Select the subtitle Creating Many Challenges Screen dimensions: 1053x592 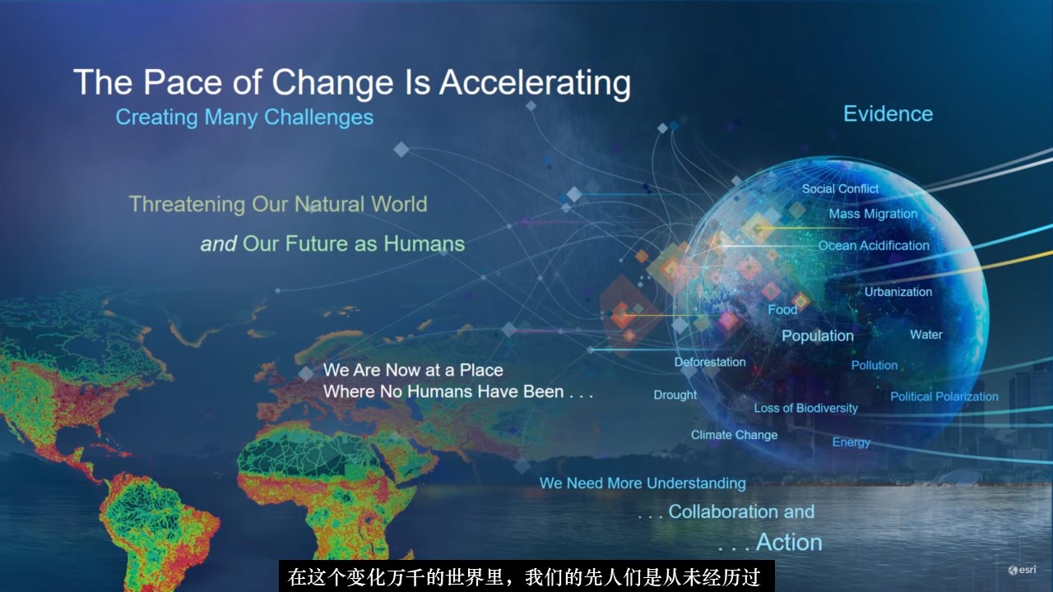(x=244, y=118)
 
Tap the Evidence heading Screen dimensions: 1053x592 (x=888, y=113)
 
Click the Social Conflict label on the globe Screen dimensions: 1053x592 (x=840, y=189)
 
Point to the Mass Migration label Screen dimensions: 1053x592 (x=873, y=215)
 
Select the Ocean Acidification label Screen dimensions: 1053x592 (x=874, y=246)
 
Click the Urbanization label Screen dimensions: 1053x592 (x=898, y=292)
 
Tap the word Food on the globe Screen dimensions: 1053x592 (x=782, y=310)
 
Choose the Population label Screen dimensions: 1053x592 (x=818, y=336)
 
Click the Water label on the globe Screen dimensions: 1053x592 (x=926, y=335)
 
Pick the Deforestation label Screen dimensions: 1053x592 (x=710, y=363)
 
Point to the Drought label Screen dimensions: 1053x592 (x=675, y=395)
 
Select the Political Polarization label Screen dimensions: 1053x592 (x=944, y=396)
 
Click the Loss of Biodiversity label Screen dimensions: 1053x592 (x=805, y=409)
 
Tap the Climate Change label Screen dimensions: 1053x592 (x=734, y=435)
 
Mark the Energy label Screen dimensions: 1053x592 (x=851, y=442)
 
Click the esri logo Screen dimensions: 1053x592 (x=1022, y=570)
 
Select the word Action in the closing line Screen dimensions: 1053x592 (x=789, y=543)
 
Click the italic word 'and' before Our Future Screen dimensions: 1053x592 (x=219, y=244)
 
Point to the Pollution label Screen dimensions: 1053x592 (x=874, y=366)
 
